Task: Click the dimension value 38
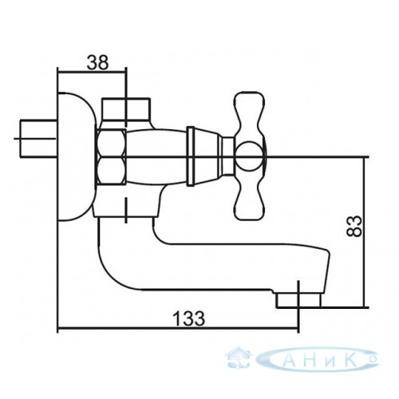point(97,63)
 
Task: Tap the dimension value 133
point(189,318)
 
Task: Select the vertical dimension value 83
point(354,226)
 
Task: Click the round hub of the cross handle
point(249,156)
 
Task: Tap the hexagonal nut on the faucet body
point(112,156)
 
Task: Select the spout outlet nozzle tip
point(298,299)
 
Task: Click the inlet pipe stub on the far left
point(38,138)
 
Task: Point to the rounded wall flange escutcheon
point(77,156)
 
